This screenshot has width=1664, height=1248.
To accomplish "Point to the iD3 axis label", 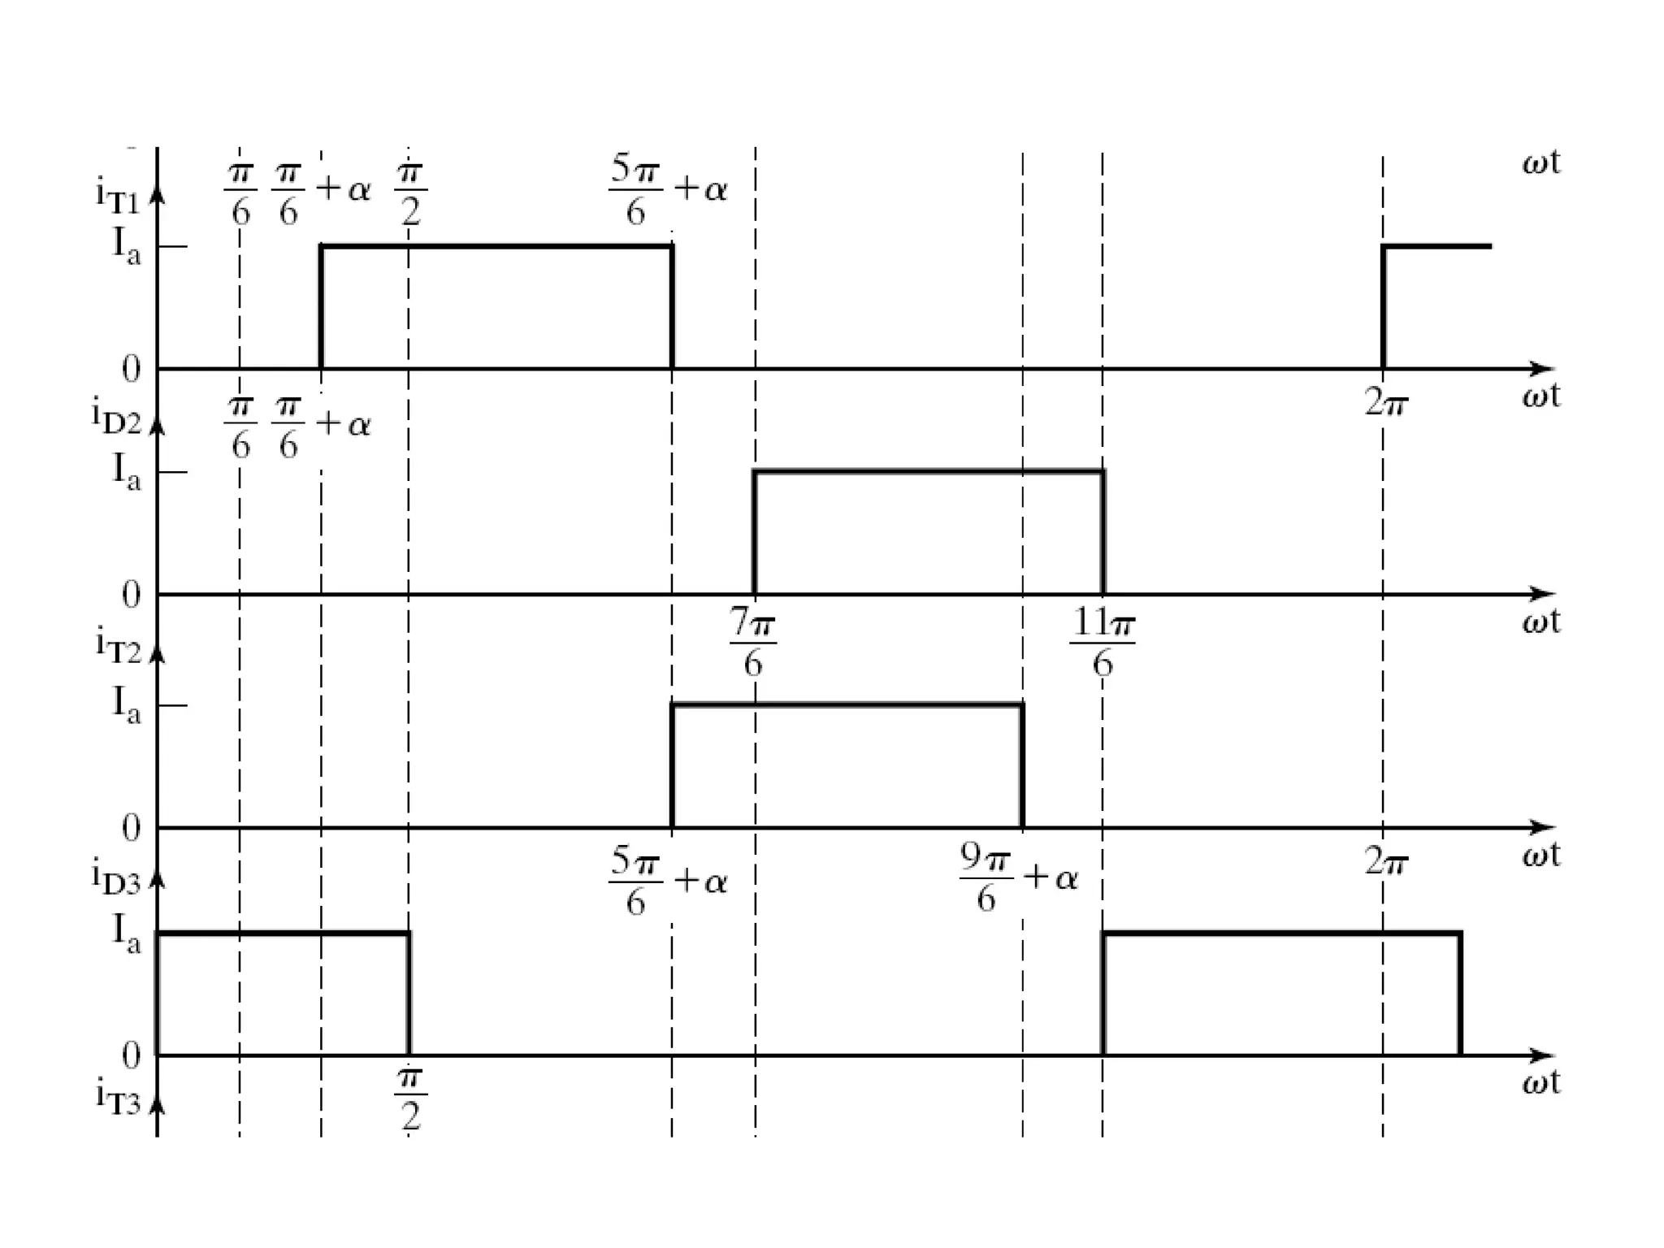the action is (x=116, y=877).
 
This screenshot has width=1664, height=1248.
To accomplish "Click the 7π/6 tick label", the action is (x=752, y=643).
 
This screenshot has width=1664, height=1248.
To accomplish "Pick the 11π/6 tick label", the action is (x=1103, y=643).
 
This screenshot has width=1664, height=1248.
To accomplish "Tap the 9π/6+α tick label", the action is (x=1019, y=879).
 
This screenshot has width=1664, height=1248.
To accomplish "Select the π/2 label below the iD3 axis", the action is (x=410, y=1099).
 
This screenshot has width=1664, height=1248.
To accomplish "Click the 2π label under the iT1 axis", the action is (x=1385, y=402).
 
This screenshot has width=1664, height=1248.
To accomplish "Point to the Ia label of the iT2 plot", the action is (x=126, y=704).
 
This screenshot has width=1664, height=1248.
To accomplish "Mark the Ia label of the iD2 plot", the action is (x=126, y=471).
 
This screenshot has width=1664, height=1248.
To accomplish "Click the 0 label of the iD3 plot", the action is (x=131, y=1055).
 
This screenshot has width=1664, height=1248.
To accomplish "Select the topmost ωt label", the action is (x=1540, y=162).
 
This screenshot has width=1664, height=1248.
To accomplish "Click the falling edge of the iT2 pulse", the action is (x=1021, y=765).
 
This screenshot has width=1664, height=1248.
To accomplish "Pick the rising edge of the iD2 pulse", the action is (x=755, y=532).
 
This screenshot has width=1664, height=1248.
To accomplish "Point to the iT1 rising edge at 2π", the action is (x=1383, y=307).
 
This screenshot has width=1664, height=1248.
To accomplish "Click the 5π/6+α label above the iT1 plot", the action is (x=668, y=191).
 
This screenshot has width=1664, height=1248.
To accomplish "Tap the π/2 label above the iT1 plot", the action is (x=410, y=195).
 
